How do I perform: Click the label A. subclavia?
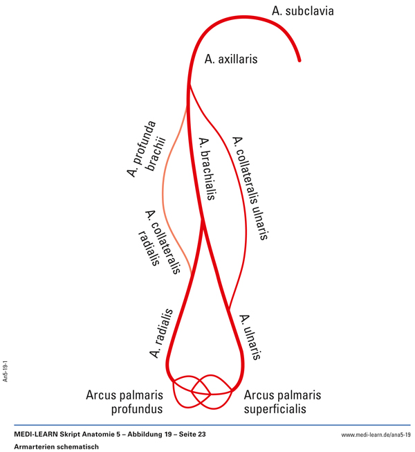(x=303, y=11)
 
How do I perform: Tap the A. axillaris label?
(x=231, y=60)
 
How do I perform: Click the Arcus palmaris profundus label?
(x=124, y=402)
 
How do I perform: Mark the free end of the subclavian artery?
(x=299, y=61)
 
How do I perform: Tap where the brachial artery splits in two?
(x=202, y=220)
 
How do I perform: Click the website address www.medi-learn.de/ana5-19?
(x=376, y=435)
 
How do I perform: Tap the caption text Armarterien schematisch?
(x=57, y=446)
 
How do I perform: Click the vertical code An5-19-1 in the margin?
(x=6, y=370)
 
